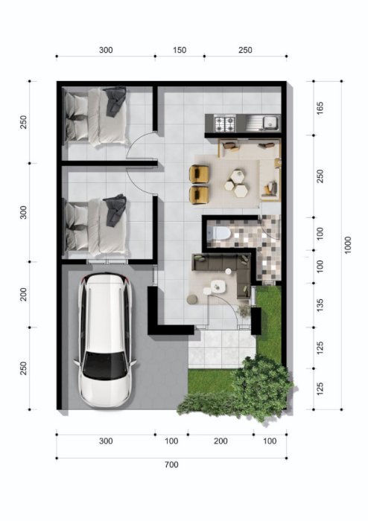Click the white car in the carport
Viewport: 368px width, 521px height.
coord(105,341)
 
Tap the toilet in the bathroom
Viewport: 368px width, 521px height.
coord(219,232)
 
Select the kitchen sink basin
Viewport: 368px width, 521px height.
coord(270,122)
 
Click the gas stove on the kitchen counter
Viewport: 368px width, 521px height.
coord(225,124)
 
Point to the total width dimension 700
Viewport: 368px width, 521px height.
coord(171,464)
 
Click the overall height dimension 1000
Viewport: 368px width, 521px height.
coord(347,245)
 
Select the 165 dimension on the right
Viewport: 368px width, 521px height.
coord(320,109)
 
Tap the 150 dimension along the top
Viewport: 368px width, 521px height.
coord(180,50)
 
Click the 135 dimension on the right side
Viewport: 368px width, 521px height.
coord(320,305)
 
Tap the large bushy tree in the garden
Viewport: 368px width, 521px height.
coord(262,386)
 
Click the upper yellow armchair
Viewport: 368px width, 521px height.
coord(199,174)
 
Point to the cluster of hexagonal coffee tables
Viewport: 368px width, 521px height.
coord(235,183)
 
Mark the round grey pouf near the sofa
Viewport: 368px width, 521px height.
coord(192,299)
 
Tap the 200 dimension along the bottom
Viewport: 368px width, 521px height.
coord(221,441)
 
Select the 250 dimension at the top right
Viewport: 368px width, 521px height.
coord(245,50)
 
